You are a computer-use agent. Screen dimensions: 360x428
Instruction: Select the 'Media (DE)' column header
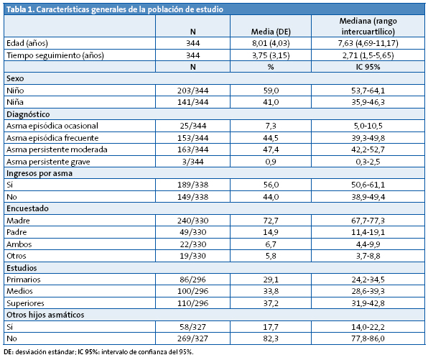[270, 32]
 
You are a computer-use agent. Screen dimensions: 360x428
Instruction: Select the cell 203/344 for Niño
[193, 91]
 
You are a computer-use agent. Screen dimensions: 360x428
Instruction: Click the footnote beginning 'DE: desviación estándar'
[98, 352]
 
